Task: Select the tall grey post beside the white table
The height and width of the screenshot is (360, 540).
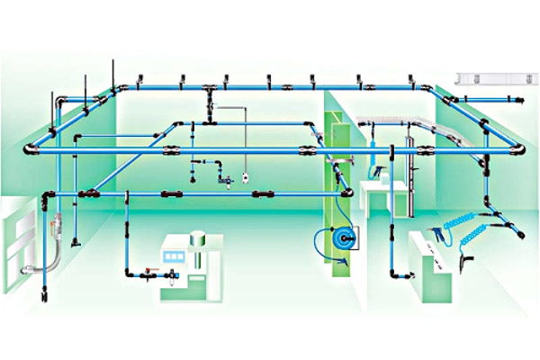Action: (409, 175)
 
